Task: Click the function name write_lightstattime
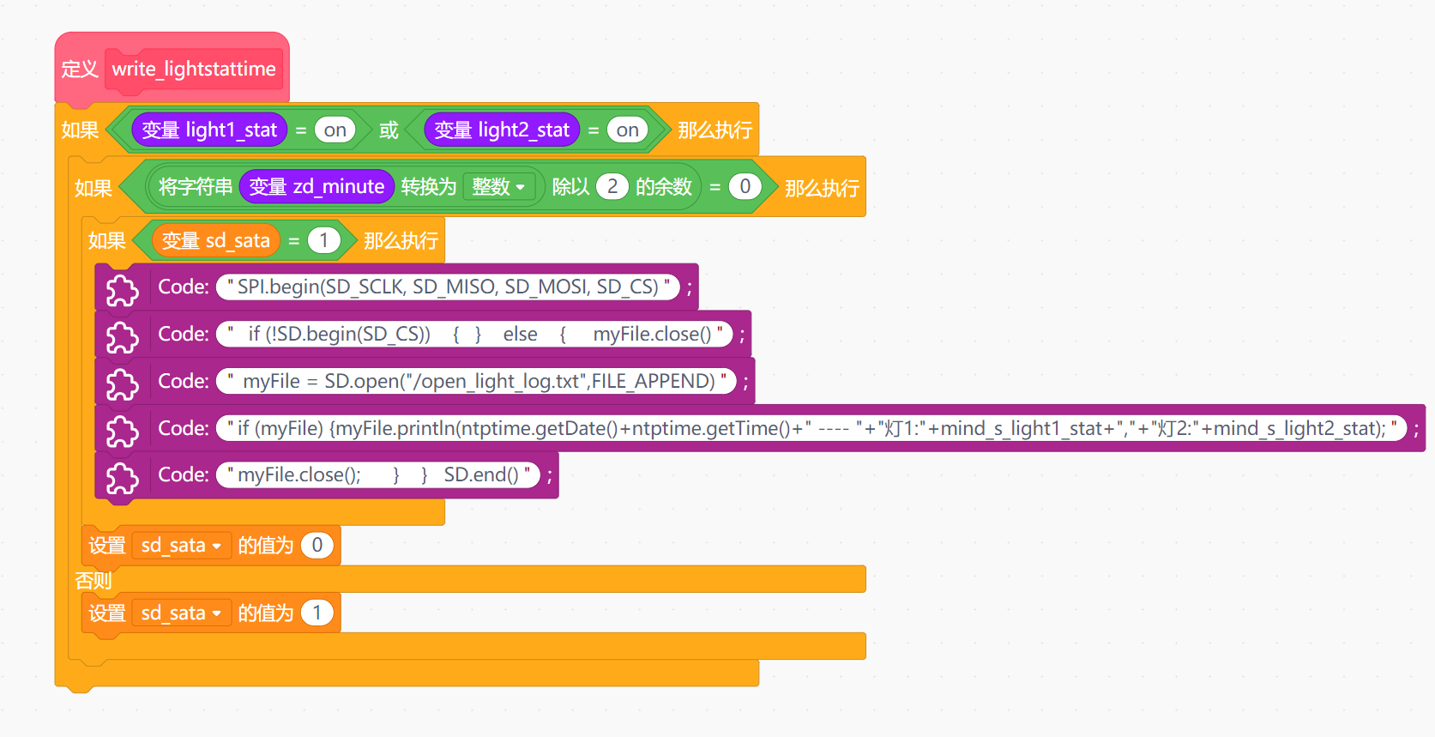coord(194,69)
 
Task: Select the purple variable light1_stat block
coord(208,130)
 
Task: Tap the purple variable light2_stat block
coord(502,130)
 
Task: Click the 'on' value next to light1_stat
coord(335,130)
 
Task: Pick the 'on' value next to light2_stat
coord(628,130)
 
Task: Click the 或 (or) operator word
coord(389,130)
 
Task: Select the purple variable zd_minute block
coord(317,186)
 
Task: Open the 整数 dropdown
coord(499,186)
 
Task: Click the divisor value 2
coord(612,186)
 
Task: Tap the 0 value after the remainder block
coord(745,186)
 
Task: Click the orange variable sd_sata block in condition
coord(216,241)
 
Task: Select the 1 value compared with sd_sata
coord(323,241)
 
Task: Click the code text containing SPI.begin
coord(448,287)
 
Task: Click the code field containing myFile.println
coord(812,428)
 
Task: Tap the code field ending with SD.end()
coord(378,474)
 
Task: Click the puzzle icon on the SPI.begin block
coord(123,290)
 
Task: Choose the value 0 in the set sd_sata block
coord(317,546)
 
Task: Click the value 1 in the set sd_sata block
coord(317,613)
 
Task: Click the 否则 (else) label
coord(93,581)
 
